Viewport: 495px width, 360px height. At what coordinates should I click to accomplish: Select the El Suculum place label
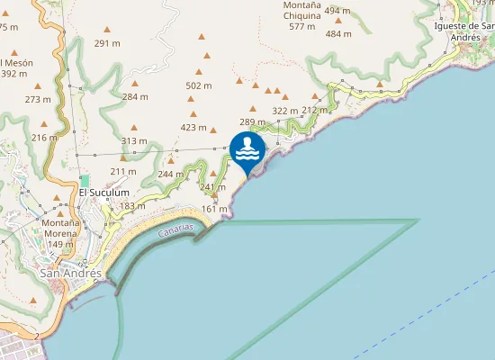104,193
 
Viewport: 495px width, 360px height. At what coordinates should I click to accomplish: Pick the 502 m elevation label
198,85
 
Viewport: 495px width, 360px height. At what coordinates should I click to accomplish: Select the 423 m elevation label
194,127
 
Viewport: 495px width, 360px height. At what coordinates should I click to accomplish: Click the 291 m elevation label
107,43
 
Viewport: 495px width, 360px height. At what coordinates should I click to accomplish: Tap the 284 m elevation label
135,96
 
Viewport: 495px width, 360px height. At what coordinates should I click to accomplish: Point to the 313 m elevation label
133,140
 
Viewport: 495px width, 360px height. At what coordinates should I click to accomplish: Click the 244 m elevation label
171,174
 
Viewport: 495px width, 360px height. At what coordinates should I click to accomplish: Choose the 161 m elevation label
214,209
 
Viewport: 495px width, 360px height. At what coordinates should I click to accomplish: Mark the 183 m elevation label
132,206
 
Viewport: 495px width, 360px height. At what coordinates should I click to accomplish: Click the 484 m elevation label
338,34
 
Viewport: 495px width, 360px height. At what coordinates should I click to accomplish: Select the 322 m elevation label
284,111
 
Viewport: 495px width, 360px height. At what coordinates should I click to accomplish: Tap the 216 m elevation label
44,137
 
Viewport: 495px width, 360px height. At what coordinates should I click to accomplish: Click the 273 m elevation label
38,99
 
